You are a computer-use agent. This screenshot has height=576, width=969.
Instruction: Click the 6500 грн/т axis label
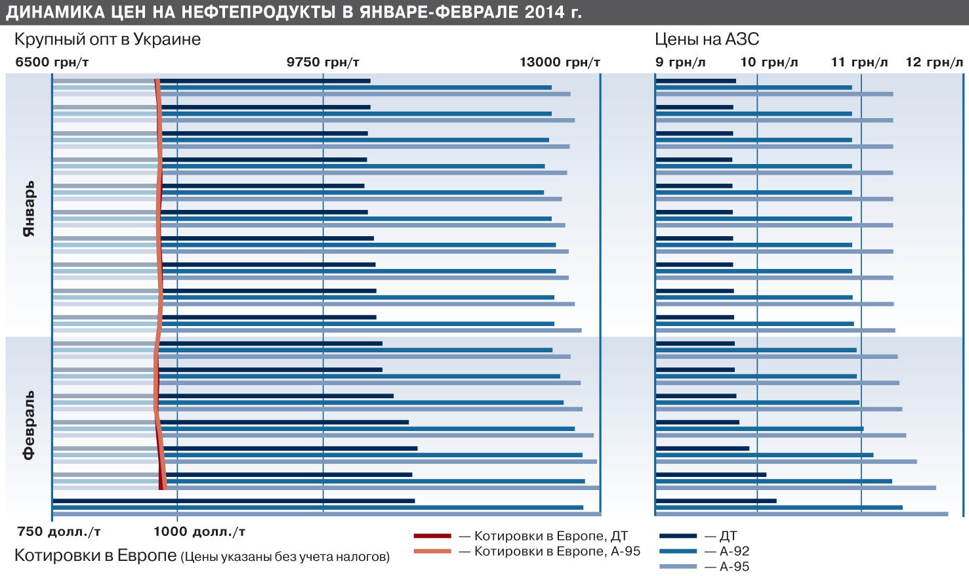52,62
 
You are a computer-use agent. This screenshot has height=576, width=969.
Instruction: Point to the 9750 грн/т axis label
323,62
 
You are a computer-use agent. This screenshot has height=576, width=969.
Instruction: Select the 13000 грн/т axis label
560,62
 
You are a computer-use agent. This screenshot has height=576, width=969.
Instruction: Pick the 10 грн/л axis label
769,62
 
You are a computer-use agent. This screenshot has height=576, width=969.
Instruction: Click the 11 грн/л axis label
859,62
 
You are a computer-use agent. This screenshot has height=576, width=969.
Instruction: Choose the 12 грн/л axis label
934,62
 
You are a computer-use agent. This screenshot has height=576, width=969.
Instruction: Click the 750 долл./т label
59,532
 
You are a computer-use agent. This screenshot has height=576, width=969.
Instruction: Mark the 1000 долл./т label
199,532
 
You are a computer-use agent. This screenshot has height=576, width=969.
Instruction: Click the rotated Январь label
29,208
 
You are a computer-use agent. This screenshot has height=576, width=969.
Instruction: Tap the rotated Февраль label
29,426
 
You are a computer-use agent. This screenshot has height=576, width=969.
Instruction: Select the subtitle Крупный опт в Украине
108,39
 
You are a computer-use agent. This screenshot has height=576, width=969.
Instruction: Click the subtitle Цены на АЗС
707,39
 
